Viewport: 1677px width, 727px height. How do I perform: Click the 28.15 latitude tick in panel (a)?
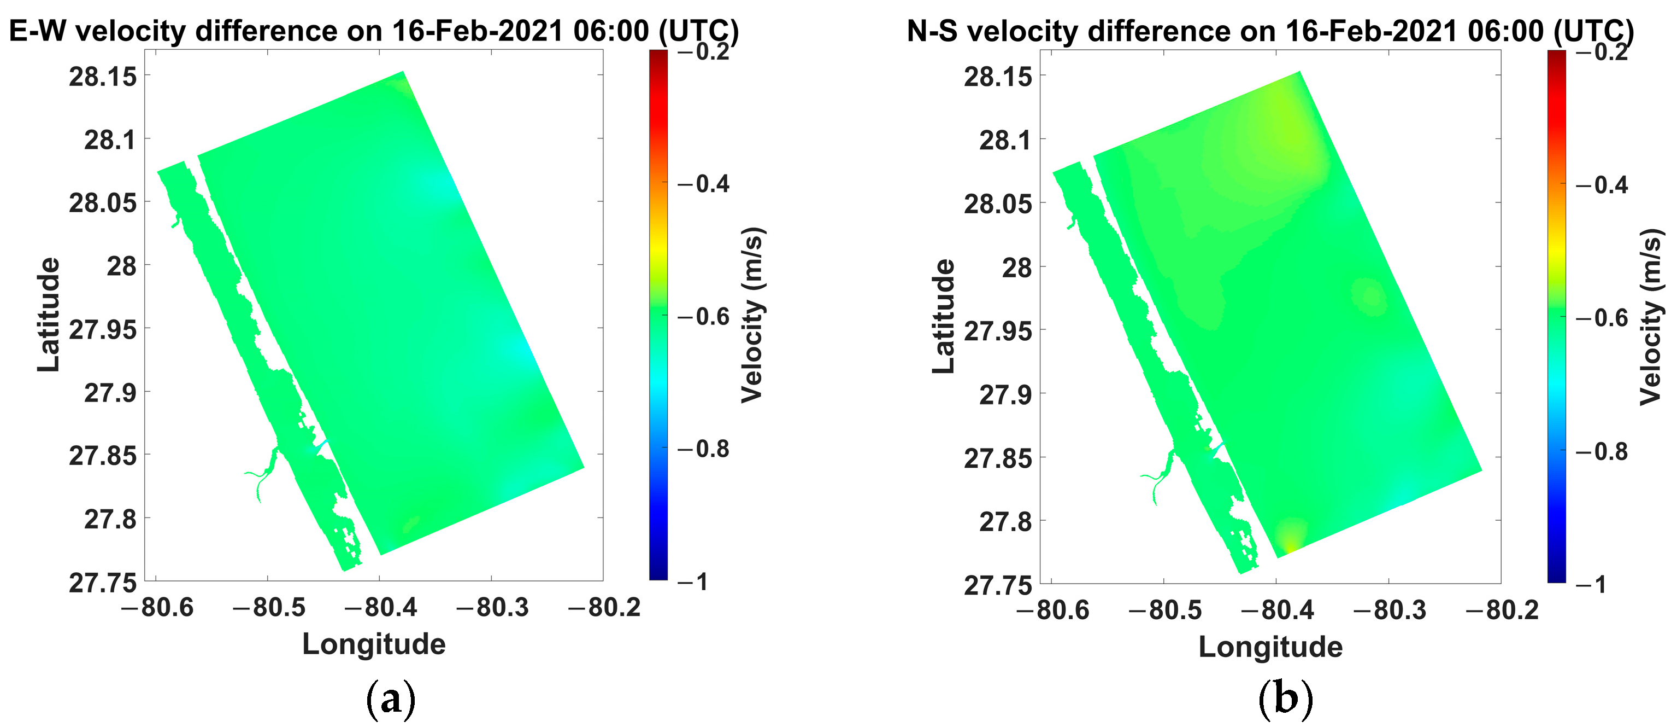[103, 77]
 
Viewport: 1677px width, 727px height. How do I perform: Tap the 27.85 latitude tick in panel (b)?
[997, 458]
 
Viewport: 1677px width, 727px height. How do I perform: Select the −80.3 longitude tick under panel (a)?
[493, 607]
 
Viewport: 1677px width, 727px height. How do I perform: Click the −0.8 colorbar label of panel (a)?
[704, 449]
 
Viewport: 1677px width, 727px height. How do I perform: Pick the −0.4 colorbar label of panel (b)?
[1602, 185]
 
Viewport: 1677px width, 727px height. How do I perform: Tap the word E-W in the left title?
[37, 31]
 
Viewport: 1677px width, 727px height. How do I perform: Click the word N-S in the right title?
[932, 31]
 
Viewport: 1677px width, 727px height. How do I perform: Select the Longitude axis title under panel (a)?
[374, 644]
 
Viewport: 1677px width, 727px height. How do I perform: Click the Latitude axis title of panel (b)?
[943, 316]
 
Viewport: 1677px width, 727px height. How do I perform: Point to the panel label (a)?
[391, 699]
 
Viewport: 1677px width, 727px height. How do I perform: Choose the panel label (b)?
[1285, 699]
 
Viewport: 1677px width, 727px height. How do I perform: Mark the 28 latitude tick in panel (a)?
[122, 266]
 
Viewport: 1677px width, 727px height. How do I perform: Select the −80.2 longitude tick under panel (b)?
[1503, 610]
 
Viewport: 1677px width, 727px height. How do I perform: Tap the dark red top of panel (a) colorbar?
[658, 55]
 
